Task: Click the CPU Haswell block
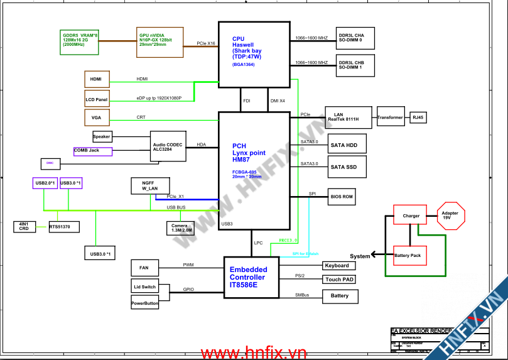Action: pos(254,54)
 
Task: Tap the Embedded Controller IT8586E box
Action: pos(251,278)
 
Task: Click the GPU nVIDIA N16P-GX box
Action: pos(159,42)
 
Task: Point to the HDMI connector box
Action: pos(97,79)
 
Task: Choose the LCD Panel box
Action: pos(97,99)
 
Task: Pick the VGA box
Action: pos(97,117)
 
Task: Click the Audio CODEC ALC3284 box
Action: pos(168,147)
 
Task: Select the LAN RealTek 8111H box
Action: pos(349,116)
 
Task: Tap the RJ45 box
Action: pos(418,117)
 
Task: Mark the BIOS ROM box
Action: pos(342,197)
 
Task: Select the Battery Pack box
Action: pos(408,256)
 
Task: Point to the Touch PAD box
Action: pos(340,280)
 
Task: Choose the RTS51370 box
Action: pos(64,226)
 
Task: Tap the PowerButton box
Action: pos(145,303)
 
